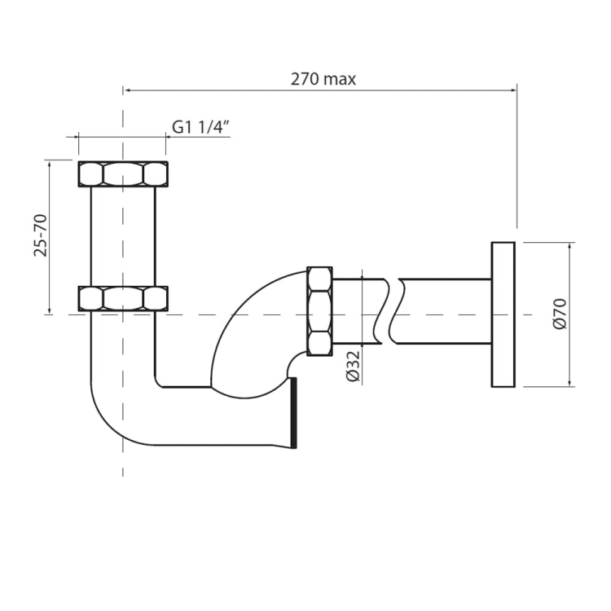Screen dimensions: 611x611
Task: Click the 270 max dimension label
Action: point(323,80)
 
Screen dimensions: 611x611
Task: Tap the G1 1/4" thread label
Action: point(200,127)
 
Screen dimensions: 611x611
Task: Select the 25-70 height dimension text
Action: point(41,235)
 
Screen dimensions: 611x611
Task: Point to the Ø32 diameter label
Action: point(354,366)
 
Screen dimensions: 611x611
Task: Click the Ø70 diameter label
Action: point(560,314)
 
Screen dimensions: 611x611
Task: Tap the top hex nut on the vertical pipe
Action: point(123,174)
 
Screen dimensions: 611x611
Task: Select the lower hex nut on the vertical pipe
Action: point(123,299)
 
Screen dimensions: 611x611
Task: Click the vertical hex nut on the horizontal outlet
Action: point(319,311)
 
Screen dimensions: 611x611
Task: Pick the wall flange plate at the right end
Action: point(503,314)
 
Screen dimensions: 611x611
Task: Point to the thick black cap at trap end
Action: point(293,413)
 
